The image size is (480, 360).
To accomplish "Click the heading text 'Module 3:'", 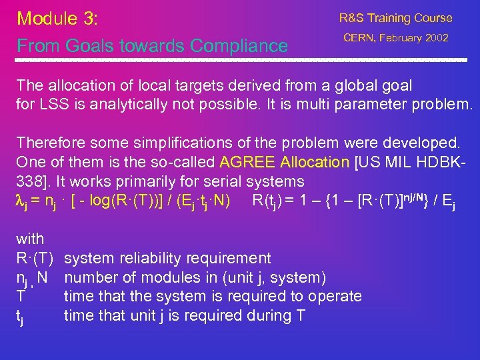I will (57, 18).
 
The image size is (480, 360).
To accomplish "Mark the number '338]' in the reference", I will (34, 181).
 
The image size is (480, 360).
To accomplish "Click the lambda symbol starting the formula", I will (20, 200).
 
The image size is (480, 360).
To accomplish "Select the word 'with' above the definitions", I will (30, 239).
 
